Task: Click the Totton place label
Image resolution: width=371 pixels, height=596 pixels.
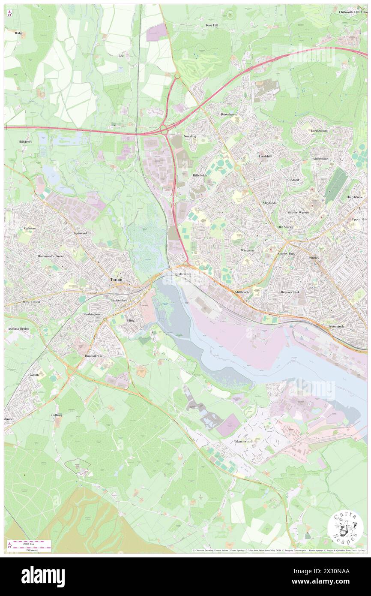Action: click(x=116, y=280)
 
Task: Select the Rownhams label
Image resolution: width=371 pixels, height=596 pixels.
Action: click(x=229, y=115)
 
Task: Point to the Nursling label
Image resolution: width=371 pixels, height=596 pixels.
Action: click(x=190, y=136)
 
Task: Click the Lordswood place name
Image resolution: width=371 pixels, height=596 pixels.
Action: click(x=319, y=130)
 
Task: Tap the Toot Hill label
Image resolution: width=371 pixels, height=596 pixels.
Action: click(x=212, y=26)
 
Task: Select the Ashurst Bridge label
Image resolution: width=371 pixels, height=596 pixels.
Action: click(x=18, y=328)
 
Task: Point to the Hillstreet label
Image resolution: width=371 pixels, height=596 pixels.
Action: click(x=25, y=141)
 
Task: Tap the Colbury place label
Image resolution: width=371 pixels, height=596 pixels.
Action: click(x=57, y=415)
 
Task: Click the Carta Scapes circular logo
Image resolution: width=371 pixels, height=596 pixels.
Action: click(x=345, y=529)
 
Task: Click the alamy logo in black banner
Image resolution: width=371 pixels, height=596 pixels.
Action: click(x=43, y=576)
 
